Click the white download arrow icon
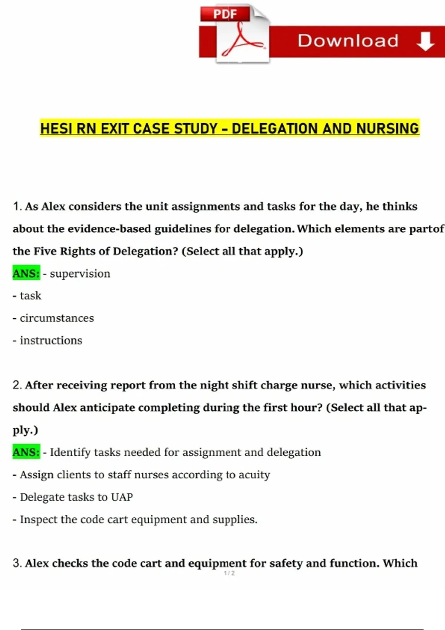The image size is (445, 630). coord(425,41)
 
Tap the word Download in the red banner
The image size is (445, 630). coord(348,41)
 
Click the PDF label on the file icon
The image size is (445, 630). coord(225,14)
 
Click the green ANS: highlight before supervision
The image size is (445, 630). coord(26,273)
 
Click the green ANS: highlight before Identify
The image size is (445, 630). coord(26,452)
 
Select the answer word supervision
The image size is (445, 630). coord(80,273)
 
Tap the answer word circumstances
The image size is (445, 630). coord(57,318)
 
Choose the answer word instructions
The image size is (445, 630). coord(51,340)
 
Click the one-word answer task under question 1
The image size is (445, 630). coord(30,296)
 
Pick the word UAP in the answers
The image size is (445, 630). coord(122,497)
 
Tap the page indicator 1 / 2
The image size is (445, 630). coord(229,573)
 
